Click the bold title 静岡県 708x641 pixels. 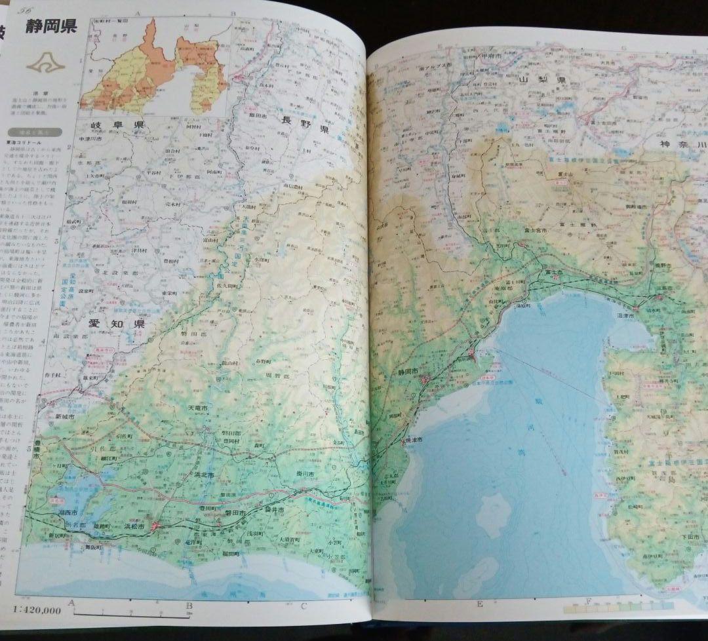[x=52, y=27]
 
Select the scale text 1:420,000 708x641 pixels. [x=37, y=611]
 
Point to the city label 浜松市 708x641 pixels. [x=138, y=525]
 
